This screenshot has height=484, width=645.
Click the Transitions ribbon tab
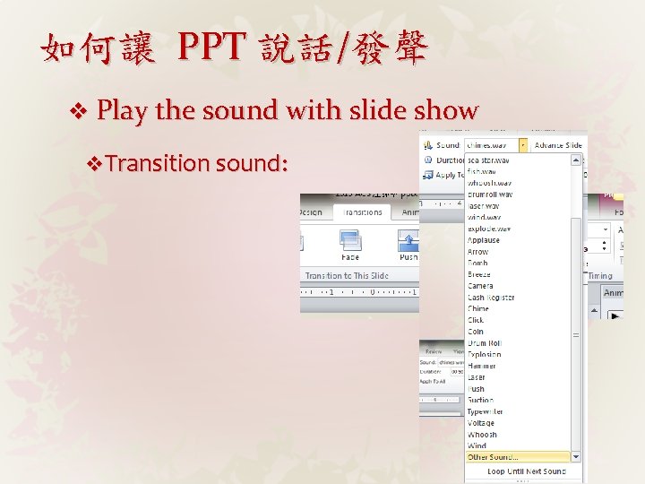(362, 212)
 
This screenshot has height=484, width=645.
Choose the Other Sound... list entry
(493, 457)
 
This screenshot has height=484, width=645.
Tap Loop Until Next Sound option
(527, 471)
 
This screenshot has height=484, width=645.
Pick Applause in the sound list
(484, 240)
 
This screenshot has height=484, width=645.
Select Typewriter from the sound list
(486, 411)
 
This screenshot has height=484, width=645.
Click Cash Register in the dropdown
(492, 298)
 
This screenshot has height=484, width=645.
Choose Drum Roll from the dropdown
(485, 343)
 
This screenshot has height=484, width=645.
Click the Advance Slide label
(558, 145)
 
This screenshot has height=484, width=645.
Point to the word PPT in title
(211, 47)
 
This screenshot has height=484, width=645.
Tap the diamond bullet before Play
(78, 111)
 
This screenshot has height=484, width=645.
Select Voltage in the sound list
(481, 423)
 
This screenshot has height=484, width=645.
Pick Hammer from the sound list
(482, 366)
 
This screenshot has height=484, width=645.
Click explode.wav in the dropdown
(489, 229)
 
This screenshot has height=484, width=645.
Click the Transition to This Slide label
(347, 276)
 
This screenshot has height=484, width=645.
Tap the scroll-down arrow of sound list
(577, 456)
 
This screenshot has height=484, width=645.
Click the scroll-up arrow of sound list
(577, 160)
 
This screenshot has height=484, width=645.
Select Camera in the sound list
(480, 286)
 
